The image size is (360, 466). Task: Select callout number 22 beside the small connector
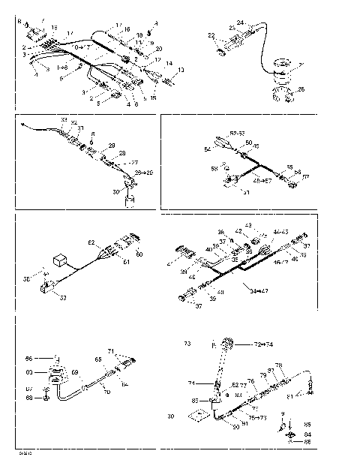pos(211,35)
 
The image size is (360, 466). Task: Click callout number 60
pos(138,254)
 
